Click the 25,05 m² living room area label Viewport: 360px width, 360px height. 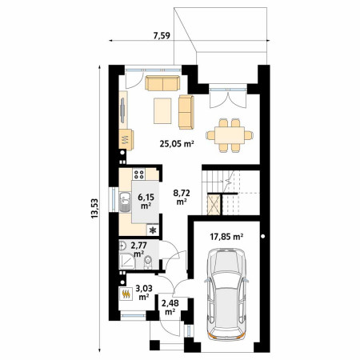[177, 144]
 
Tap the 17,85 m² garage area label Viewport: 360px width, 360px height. [226, 236]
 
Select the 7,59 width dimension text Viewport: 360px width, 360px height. [162, 35]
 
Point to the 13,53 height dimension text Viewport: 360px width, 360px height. [94, 209]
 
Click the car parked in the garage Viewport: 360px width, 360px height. [226, 294]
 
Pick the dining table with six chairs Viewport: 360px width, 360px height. [230, 135]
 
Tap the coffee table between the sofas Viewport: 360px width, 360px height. [162, 110]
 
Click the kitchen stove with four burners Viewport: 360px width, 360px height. [139, 174]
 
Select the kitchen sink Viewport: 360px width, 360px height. [125, 202]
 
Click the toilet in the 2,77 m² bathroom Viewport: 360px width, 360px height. [148, 262]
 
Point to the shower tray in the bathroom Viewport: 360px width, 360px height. [127, 262]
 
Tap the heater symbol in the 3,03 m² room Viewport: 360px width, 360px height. [126, 294]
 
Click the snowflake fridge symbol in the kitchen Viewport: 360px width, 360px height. [153, 230]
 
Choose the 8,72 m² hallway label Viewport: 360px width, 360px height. [182, 197]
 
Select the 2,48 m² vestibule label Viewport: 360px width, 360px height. [170, 307]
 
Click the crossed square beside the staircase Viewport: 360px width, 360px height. [214, 205]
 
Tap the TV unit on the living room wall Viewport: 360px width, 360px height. [122, 110]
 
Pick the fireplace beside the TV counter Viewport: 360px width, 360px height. [126, 140]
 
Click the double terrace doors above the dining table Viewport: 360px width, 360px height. [227, 97]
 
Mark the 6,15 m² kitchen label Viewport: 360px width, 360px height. [146, 202]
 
